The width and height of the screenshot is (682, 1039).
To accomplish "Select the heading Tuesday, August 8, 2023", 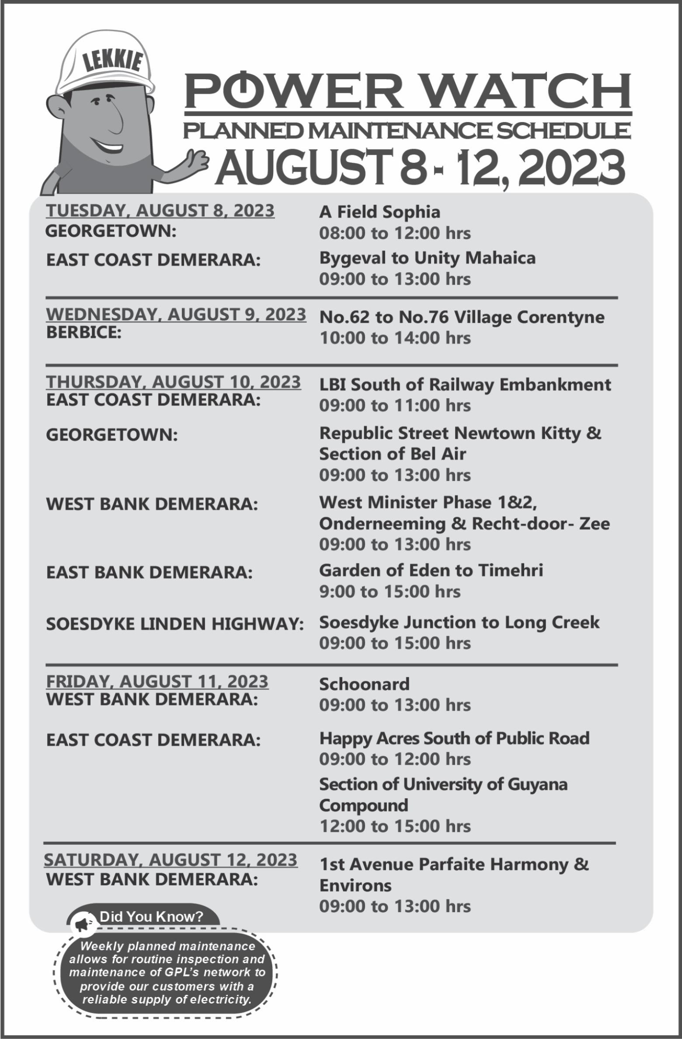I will (160, 210).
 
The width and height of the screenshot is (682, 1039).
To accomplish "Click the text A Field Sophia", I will (379, 212).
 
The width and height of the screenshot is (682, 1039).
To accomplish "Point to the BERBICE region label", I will (84, 332).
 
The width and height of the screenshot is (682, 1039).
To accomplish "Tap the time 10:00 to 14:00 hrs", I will (395, 338).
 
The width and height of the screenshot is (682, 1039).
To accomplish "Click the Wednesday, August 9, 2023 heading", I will (176, 314).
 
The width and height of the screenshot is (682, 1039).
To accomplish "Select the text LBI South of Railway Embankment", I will (465, 385).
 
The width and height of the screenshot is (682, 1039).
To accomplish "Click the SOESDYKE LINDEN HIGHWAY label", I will (175, 624).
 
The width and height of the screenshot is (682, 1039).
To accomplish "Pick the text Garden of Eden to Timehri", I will (431, 570).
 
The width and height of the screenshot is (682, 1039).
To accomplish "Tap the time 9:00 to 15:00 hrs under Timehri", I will (390, 591).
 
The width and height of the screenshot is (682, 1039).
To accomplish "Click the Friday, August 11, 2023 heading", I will (157, 682).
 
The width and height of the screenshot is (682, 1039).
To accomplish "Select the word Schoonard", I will (364, 684).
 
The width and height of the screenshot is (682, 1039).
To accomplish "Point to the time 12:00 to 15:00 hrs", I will (395, 826).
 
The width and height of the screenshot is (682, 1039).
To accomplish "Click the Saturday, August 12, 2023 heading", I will (170, 860).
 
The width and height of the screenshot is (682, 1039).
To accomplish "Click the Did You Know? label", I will (151, 916).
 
